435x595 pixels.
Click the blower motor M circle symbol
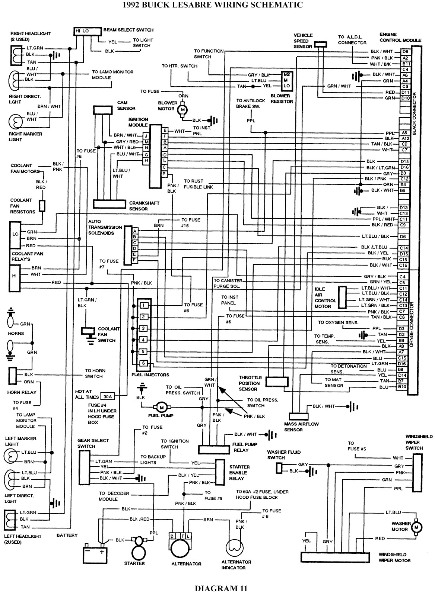(182, 110)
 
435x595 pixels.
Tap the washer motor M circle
(416, 527)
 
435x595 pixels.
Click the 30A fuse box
(108, 397)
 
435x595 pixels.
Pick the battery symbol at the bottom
(95, 554)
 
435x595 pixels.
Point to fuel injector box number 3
(143, 328)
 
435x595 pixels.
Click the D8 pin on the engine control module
(405, 52)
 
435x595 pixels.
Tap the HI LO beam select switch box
(88, 31)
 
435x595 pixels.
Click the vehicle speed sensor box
(321, 44)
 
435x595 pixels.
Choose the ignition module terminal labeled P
(164, 174)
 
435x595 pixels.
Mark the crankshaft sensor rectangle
(109, 204)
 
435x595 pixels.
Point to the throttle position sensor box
(277, 382)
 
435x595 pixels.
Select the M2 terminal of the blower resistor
(286, 75)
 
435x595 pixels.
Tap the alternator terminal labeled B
(172, 536)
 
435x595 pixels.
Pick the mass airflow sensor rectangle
(299, 416)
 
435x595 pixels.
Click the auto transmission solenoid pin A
(135, 231)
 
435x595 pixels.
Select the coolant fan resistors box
(42, 206)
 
